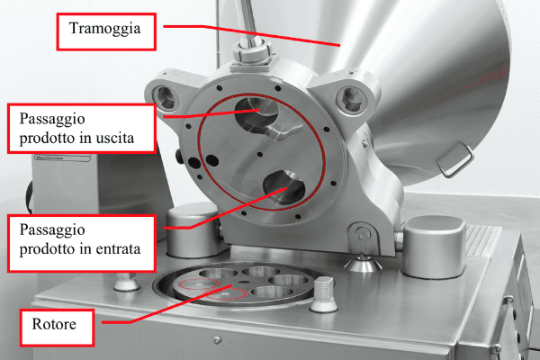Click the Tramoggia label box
[x=106, y=31]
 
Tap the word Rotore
[x=54, y=324]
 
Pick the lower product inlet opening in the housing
[x=283, y=187]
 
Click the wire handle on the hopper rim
[x=455, y=160]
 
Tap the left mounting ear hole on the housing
[x=166, y=97]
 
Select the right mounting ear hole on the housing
[x=352, y=99]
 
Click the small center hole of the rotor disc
[x=244, y=282]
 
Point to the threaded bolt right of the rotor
[x=324, y=293]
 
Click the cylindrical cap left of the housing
[x=192, y=229]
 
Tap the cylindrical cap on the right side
[x=433, y=247]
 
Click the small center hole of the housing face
[x=260, y=154]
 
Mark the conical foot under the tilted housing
[x=363, y=263]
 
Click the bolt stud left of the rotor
[x=127, y=281]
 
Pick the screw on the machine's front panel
[x=217, y=340]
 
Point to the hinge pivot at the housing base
[x=363, y=234]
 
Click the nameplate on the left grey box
[x=62, y=157]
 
